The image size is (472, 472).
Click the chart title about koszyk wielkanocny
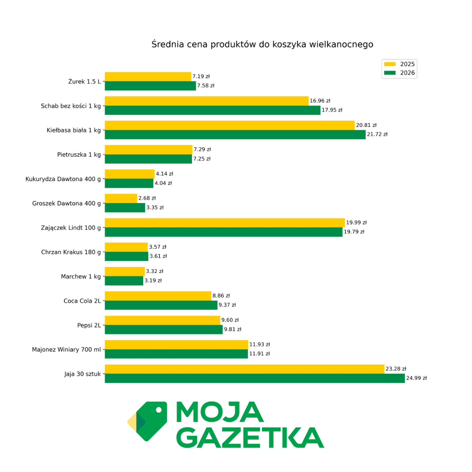(x=262, y=44)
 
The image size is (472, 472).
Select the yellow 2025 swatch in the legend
(x=390, y=64)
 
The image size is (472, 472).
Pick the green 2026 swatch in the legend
(x=390, y=73)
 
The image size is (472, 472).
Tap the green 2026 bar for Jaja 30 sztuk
(x=254, y=378)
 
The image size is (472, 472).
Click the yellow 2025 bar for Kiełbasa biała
(x=230, y=125)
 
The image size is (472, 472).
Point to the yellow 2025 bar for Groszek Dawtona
(x=121, y=198)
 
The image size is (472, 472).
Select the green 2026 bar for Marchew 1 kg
(x=124, y=281)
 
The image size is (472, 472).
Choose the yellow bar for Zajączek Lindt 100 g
(x=225, y=223)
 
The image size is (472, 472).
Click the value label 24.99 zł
(x=416, y=378)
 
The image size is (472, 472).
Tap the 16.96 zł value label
(x=320, y=101)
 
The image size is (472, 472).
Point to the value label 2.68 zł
(x=147, y=198)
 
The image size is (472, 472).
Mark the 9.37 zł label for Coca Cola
(x=227, y=305)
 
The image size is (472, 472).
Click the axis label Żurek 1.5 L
(x=84, y=82)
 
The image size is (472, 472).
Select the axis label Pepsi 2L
(x=89, y=325)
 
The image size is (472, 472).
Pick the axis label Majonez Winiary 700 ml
(x=66, y=350)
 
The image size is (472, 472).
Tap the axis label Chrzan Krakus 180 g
(x=71, y=252)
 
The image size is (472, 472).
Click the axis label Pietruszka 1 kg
(x=79, y=155)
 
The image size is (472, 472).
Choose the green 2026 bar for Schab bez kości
(x=212, y=111)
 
